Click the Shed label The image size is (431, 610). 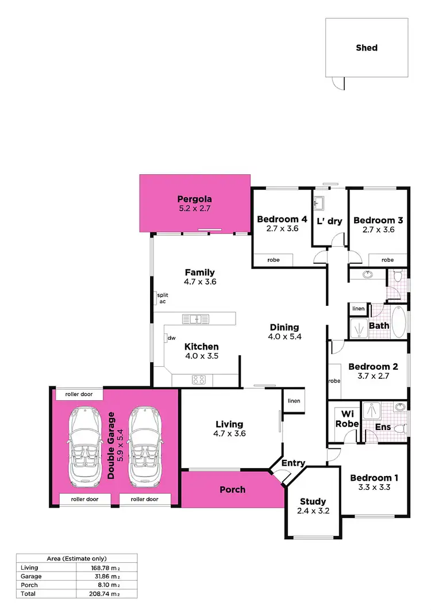(x=367, y=48)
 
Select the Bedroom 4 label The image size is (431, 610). (x=282, y=220)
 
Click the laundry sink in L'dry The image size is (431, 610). (x=319, y=203)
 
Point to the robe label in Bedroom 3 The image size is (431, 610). (x=388, y=260)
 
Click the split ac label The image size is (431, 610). (x=163, y=298)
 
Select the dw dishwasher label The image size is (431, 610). (x=171, y=338)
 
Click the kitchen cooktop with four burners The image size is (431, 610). (x=199, y=379)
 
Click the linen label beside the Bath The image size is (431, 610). (x=358, y=309)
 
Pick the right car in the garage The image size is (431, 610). (x=143, y=446)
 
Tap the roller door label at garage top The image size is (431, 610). (x=79, y=395)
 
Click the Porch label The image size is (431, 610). (x=233, y=490)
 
